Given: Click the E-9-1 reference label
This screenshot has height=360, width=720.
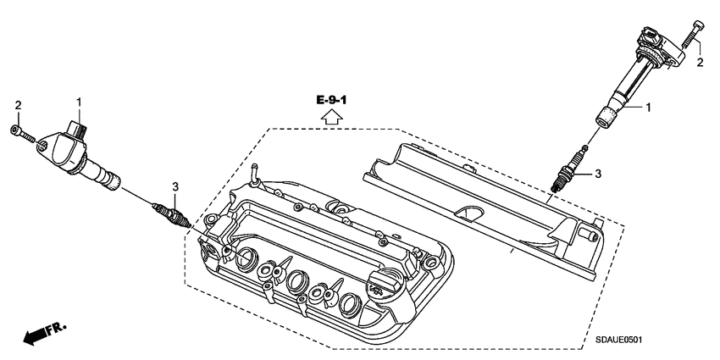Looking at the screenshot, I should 331,101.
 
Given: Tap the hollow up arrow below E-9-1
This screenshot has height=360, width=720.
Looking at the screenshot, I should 331,118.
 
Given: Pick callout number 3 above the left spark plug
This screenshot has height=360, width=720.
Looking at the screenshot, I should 174,186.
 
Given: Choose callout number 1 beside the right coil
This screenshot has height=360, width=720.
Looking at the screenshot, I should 649,108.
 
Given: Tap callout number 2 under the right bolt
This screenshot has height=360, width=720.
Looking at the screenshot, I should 701,63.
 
